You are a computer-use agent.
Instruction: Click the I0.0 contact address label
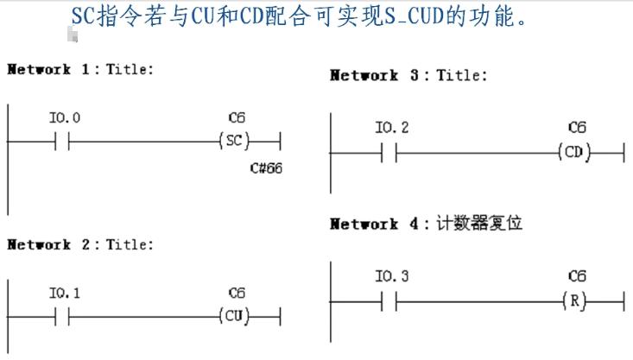click(65, 117)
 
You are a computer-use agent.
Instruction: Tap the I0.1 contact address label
click(65, 294)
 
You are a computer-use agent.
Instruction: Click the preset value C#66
click(265, 167)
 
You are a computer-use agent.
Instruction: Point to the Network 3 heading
click(408, 75)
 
